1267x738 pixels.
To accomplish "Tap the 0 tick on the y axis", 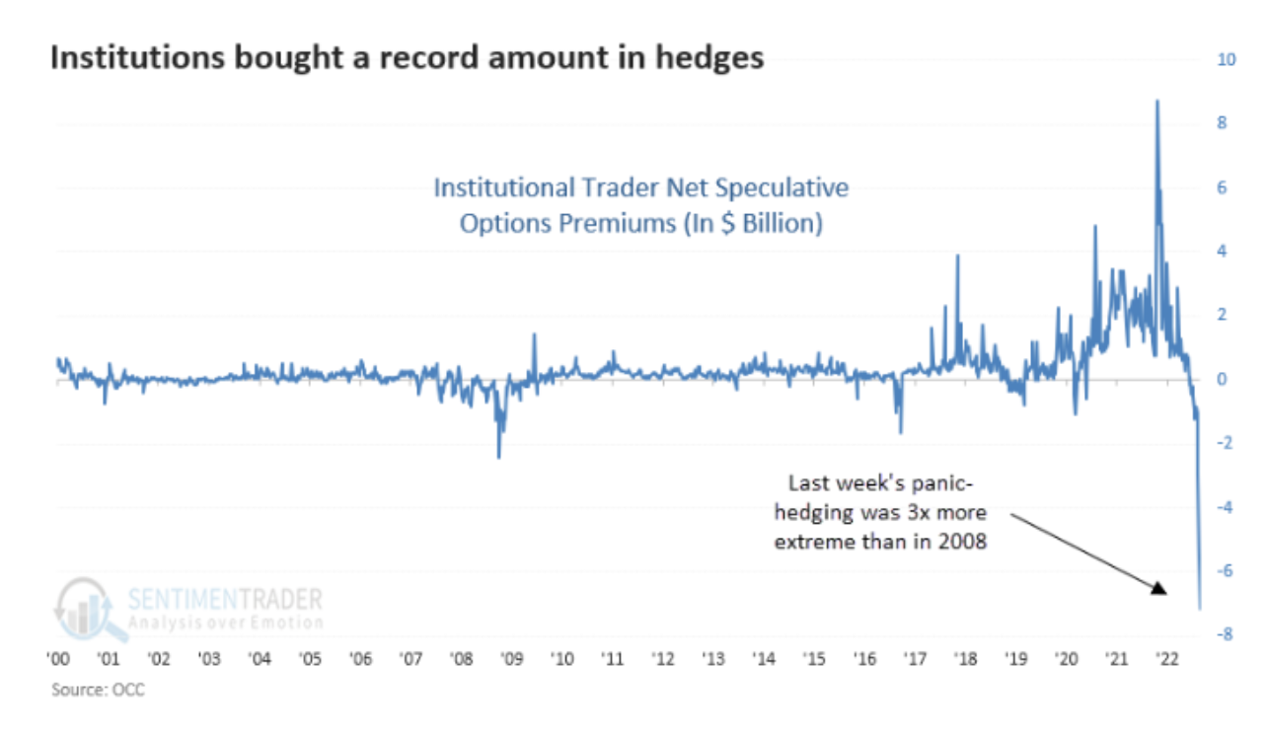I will click(x=1222, y=380).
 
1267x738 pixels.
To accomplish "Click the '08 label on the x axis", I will click(x=460, y=658).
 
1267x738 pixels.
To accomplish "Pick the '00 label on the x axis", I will click(x=58, y=658).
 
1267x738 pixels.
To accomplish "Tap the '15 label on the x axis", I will click(x=813, y=658).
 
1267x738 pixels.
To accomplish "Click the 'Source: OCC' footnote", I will click(x=98, y=690).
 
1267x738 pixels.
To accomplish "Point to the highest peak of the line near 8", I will click(x=1156, y=102).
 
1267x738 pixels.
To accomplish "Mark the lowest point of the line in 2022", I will click(x=1199, y=609).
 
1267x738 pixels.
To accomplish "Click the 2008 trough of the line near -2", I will click(x=498, y=457).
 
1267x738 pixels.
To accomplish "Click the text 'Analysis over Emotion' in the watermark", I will click(x=225, y=623).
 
